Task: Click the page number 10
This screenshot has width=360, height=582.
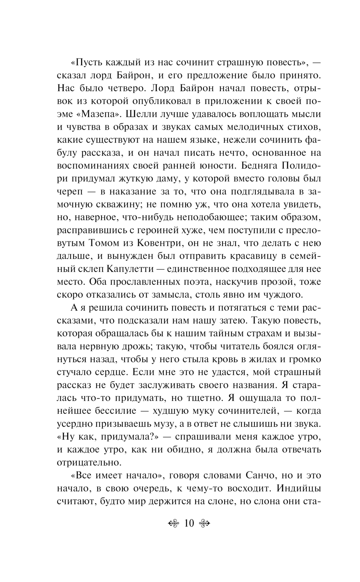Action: tap(189, 523)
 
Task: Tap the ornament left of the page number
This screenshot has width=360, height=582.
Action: tap(174, 523)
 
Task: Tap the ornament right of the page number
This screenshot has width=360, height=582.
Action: tap(204, 523)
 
